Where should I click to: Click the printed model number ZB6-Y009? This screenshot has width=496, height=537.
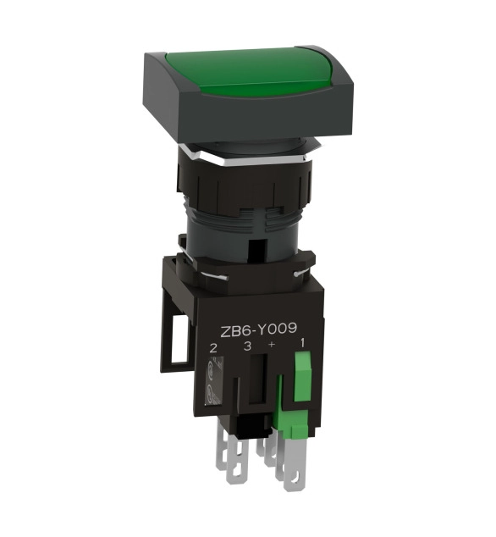point(258,329)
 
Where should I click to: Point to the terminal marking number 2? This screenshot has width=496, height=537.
point(213,348)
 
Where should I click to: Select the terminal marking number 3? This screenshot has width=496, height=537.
point(247,346)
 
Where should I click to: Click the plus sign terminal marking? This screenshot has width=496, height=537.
point(272,345)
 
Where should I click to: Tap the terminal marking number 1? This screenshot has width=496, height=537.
point(302,343)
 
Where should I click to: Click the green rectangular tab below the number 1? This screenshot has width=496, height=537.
point(303,378)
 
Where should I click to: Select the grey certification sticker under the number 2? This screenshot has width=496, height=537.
point(214,380)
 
